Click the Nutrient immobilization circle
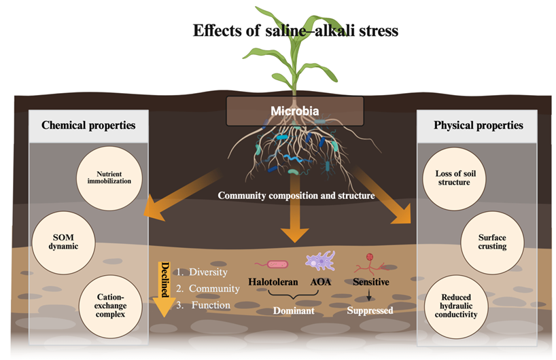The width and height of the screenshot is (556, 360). [109, 178]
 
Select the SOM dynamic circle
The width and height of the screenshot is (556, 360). [63, 242]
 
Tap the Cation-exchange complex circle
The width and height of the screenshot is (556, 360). [110, 306]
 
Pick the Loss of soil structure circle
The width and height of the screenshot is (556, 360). [454, 179]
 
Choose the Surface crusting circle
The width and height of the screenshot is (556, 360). [492, 242]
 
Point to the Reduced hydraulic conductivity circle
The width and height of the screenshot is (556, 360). [456, 306]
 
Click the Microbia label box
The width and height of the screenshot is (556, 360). [295, 111]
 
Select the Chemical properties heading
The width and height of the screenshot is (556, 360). [88, 126]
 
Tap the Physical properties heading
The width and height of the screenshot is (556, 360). [479, 126]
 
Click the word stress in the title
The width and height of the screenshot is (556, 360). [379, 31]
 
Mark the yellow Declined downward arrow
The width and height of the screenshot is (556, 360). [164, 289]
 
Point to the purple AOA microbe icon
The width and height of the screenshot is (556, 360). [320, 261]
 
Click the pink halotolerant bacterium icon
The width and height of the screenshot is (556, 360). [272, 264]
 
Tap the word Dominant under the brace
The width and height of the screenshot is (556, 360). [294, 310]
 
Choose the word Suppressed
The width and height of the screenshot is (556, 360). [370, 310]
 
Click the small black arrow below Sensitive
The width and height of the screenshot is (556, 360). [369, 295]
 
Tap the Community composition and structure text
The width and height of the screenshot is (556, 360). [296, 196]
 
